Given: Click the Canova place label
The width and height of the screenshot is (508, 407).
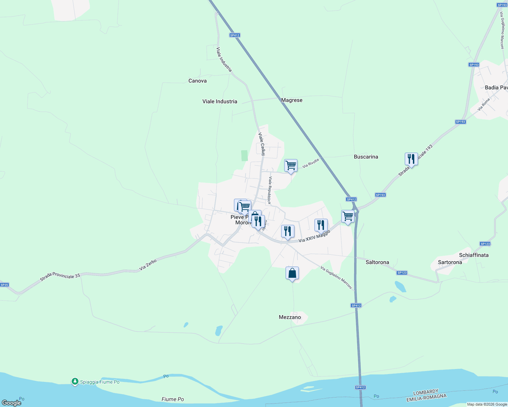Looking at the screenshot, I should [197, 81].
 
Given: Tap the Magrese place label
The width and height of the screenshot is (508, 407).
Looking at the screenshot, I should [292, 100].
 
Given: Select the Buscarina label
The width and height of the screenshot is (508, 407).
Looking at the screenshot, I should [366, 157].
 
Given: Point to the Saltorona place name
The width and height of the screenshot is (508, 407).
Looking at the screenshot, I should [377, 262].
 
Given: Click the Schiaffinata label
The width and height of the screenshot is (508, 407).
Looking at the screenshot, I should [474, 255].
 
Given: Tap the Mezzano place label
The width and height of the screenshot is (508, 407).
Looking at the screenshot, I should [290, 317].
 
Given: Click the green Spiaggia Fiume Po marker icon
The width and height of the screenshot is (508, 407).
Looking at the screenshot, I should [75, 382].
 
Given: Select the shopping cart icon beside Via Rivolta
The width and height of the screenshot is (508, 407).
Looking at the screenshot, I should [291, 166].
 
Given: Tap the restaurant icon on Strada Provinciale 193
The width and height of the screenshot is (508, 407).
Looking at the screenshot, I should [411, 159].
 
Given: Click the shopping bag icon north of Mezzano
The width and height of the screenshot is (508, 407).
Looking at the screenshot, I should [292, 273].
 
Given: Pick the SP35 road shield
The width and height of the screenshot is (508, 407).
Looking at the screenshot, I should [4, 285].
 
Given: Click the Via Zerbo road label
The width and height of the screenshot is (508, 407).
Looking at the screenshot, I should [148, 265].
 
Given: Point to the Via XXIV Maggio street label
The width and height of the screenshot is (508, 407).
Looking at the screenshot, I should [314, 236].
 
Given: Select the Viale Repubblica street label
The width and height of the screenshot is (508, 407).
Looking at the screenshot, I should [270, 190].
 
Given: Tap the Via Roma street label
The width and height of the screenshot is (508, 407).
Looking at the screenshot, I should [484, 104].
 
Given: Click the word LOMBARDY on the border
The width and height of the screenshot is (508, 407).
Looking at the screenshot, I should [426, 392].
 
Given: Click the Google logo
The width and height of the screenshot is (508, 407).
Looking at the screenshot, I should [12, 403].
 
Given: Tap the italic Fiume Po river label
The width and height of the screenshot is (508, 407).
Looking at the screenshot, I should [173, 399].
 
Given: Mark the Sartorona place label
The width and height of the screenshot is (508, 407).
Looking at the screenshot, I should [450, 262].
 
